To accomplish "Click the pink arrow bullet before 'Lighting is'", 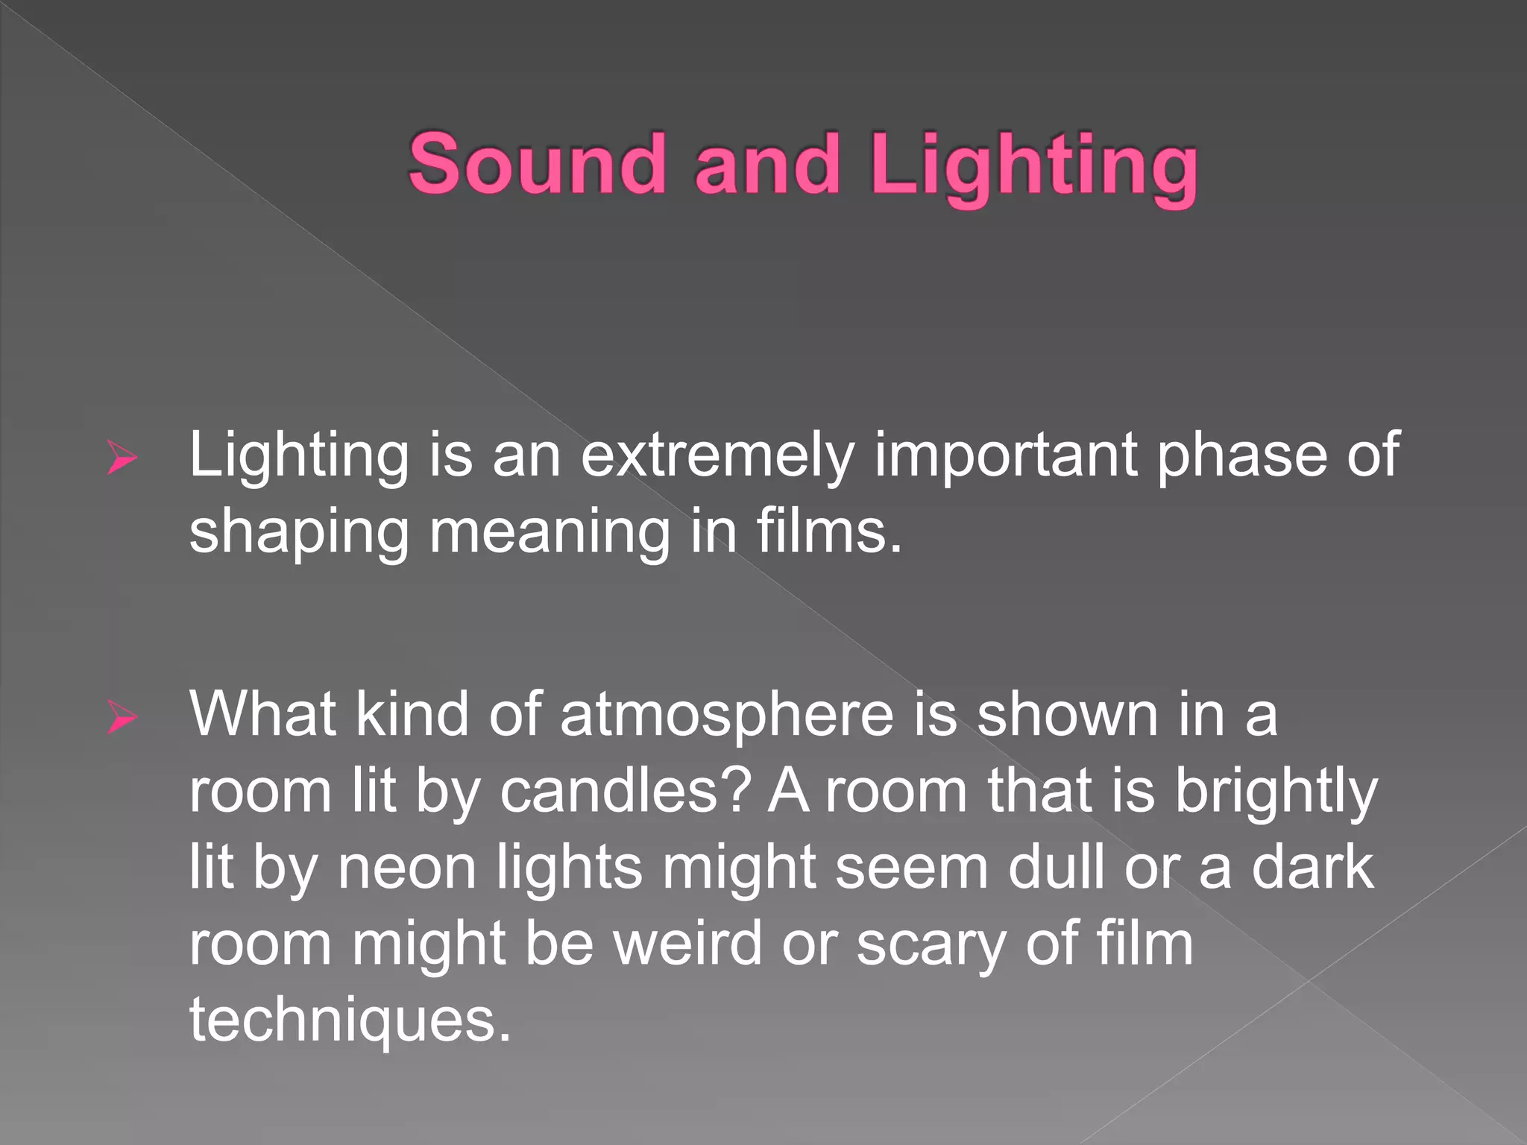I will pos(122,456).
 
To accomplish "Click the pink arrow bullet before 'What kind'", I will pos(122,717).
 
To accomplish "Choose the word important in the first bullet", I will pos(1005,456).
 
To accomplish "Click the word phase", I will pos(1241,456).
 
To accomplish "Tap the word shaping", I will pos(299,534).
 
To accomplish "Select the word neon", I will pos(407,869).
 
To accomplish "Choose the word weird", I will pos(687,944).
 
